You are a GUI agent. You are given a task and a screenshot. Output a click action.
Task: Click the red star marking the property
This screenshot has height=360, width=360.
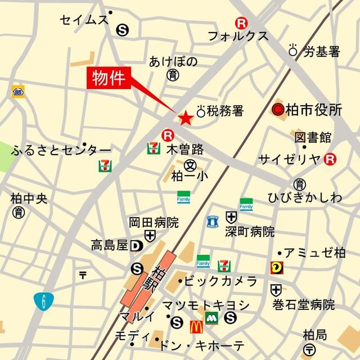[185, 118]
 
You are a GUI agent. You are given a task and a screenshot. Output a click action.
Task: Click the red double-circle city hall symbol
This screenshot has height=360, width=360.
[277, 110]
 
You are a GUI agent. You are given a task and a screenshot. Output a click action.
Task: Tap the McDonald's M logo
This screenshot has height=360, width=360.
[196, 324]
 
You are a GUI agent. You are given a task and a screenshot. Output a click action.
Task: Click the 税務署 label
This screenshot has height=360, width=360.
[225, 111]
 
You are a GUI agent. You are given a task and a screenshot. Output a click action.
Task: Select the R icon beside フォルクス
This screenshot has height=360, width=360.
[241, 24]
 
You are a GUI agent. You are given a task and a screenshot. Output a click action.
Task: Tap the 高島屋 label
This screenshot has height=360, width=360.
[110, 245]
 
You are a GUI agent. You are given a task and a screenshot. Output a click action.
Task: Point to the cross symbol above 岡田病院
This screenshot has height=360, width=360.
[150, 235]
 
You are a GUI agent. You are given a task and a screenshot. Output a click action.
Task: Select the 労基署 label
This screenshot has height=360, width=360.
[322, 52]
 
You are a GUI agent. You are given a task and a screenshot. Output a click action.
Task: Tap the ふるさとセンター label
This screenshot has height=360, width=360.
[61, 150]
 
